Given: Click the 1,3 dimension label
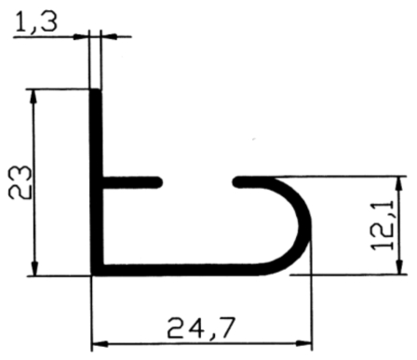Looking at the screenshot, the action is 36,22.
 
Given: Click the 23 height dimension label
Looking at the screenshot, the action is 20,182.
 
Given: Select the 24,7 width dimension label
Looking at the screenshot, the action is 200,328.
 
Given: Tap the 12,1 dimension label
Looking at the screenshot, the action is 383,225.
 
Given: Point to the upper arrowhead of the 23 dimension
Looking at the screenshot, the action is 34,97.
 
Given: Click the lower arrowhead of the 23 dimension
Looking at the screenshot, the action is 34,268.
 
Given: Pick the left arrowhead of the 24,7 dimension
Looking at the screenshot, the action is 100,344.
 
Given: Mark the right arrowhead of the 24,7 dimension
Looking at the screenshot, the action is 304,343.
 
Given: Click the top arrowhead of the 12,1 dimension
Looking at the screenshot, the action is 400,184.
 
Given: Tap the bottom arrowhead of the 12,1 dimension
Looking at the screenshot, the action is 399,267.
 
